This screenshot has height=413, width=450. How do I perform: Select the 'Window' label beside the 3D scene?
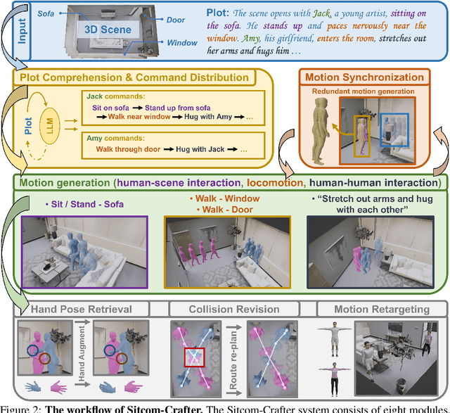point(181,43)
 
